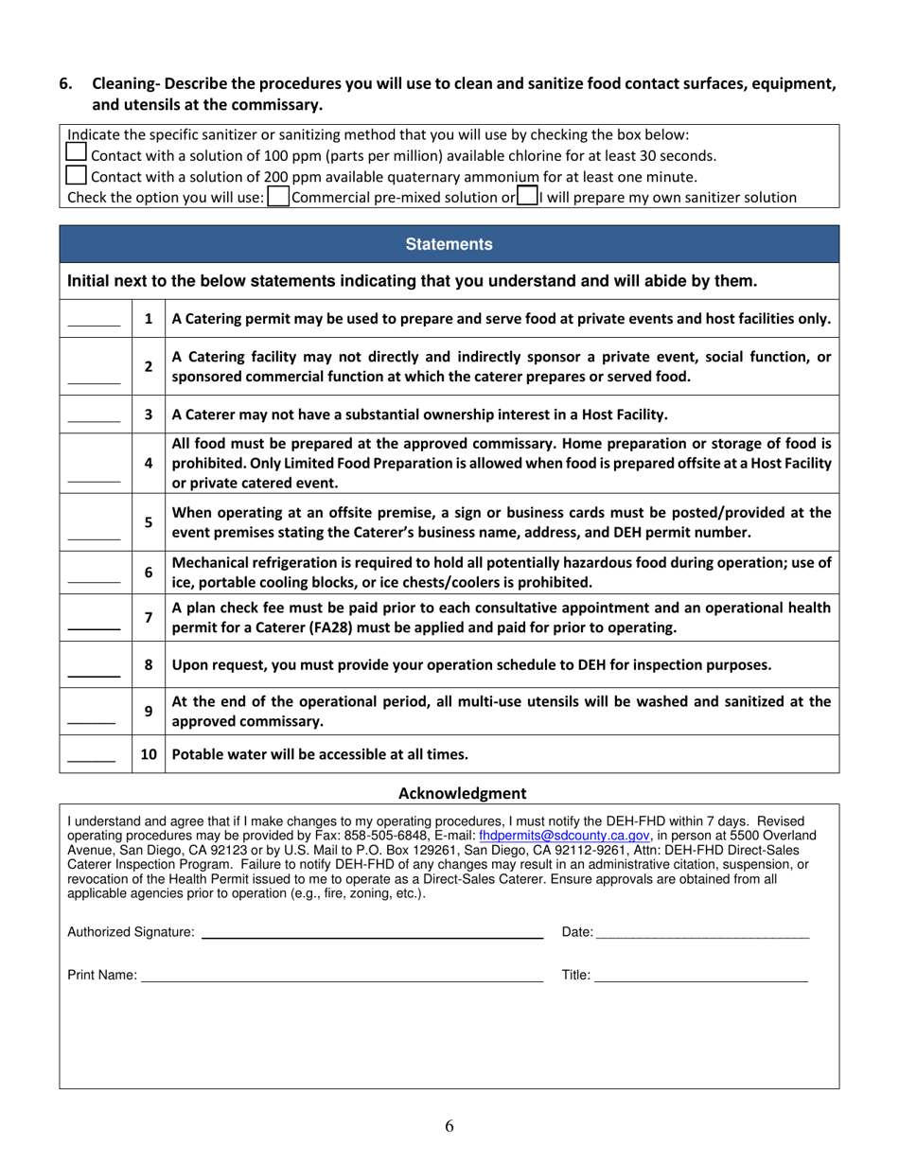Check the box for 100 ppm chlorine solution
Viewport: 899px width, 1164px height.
pos(77,153)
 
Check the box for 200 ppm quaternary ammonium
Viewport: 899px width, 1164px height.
pos(77,175)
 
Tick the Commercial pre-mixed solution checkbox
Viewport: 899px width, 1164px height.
pos(278,197)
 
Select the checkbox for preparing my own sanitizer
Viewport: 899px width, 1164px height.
pos(527,197)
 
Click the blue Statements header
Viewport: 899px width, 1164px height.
pos(449,244)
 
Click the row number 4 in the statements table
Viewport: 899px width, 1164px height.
pos(149,463)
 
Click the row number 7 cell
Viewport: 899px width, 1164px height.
pos(149,617)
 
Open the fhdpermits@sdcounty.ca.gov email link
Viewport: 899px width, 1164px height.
pos(564,836)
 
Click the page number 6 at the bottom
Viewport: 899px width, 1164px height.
pos(449,1125)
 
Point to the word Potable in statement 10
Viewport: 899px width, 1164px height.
pos(198,754)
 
